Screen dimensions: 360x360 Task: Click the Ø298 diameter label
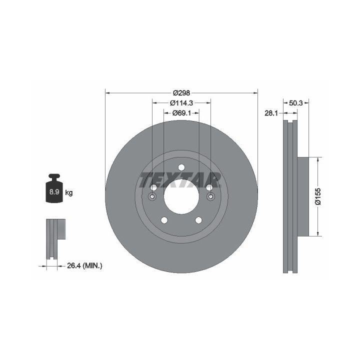click(x=181, y=93)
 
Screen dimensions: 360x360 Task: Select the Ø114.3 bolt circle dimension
click(x=181, y=103)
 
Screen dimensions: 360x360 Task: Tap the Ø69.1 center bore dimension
click(x=181, y=113)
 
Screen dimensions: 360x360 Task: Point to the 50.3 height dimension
click(x=296, y=103)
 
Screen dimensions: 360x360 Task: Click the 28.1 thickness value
click(x=271, y=113)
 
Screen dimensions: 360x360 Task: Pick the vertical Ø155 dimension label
click(x=318, y=196)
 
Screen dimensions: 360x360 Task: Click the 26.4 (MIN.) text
click(x=84, y=266)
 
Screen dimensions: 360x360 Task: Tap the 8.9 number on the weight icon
click(x=54, y=191)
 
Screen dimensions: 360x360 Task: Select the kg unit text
click(x=69, y=192)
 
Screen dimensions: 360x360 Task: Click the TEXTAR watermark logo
click(x=180, y=180)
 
